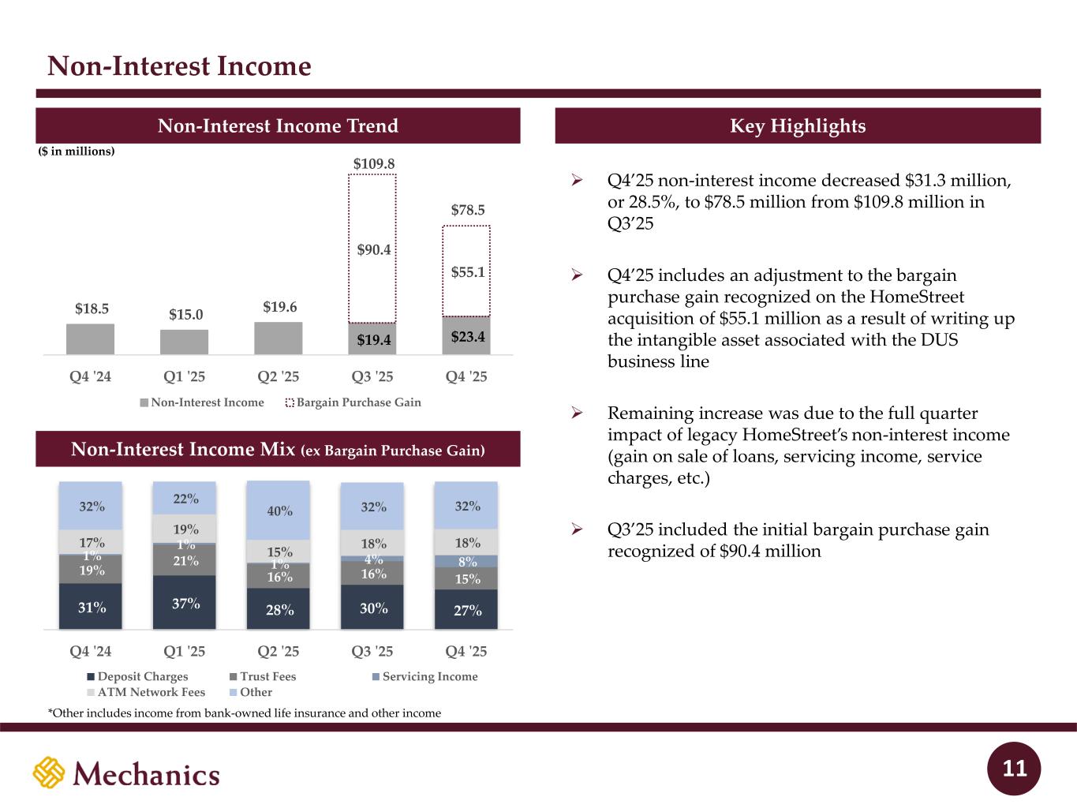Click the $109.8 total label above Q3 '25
pos(373,163)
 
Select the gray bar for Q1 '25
pos(184,342)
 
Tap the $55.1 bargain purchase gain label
pos(467,272)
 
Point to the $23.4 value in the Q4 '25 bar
pos(467,337)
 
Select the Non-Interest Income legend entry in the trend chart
pos(202,402)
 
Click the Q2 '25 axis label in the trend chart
pos(279,376)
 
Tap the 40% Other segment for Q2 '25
pos(279,511)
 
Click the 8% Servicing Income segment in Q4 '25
pos(467,562)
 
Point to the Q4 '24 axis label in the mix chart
pos(91,651)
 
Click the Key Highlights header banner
pos(798,126)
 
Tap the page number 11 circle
pos(1014,769)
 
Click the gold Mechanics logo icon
pos(49,772)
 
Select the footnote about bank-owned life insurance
pos(245,713)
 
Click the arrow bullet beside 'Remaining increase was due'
pos(577,413)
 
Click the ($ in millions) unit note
pos(77,151)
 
